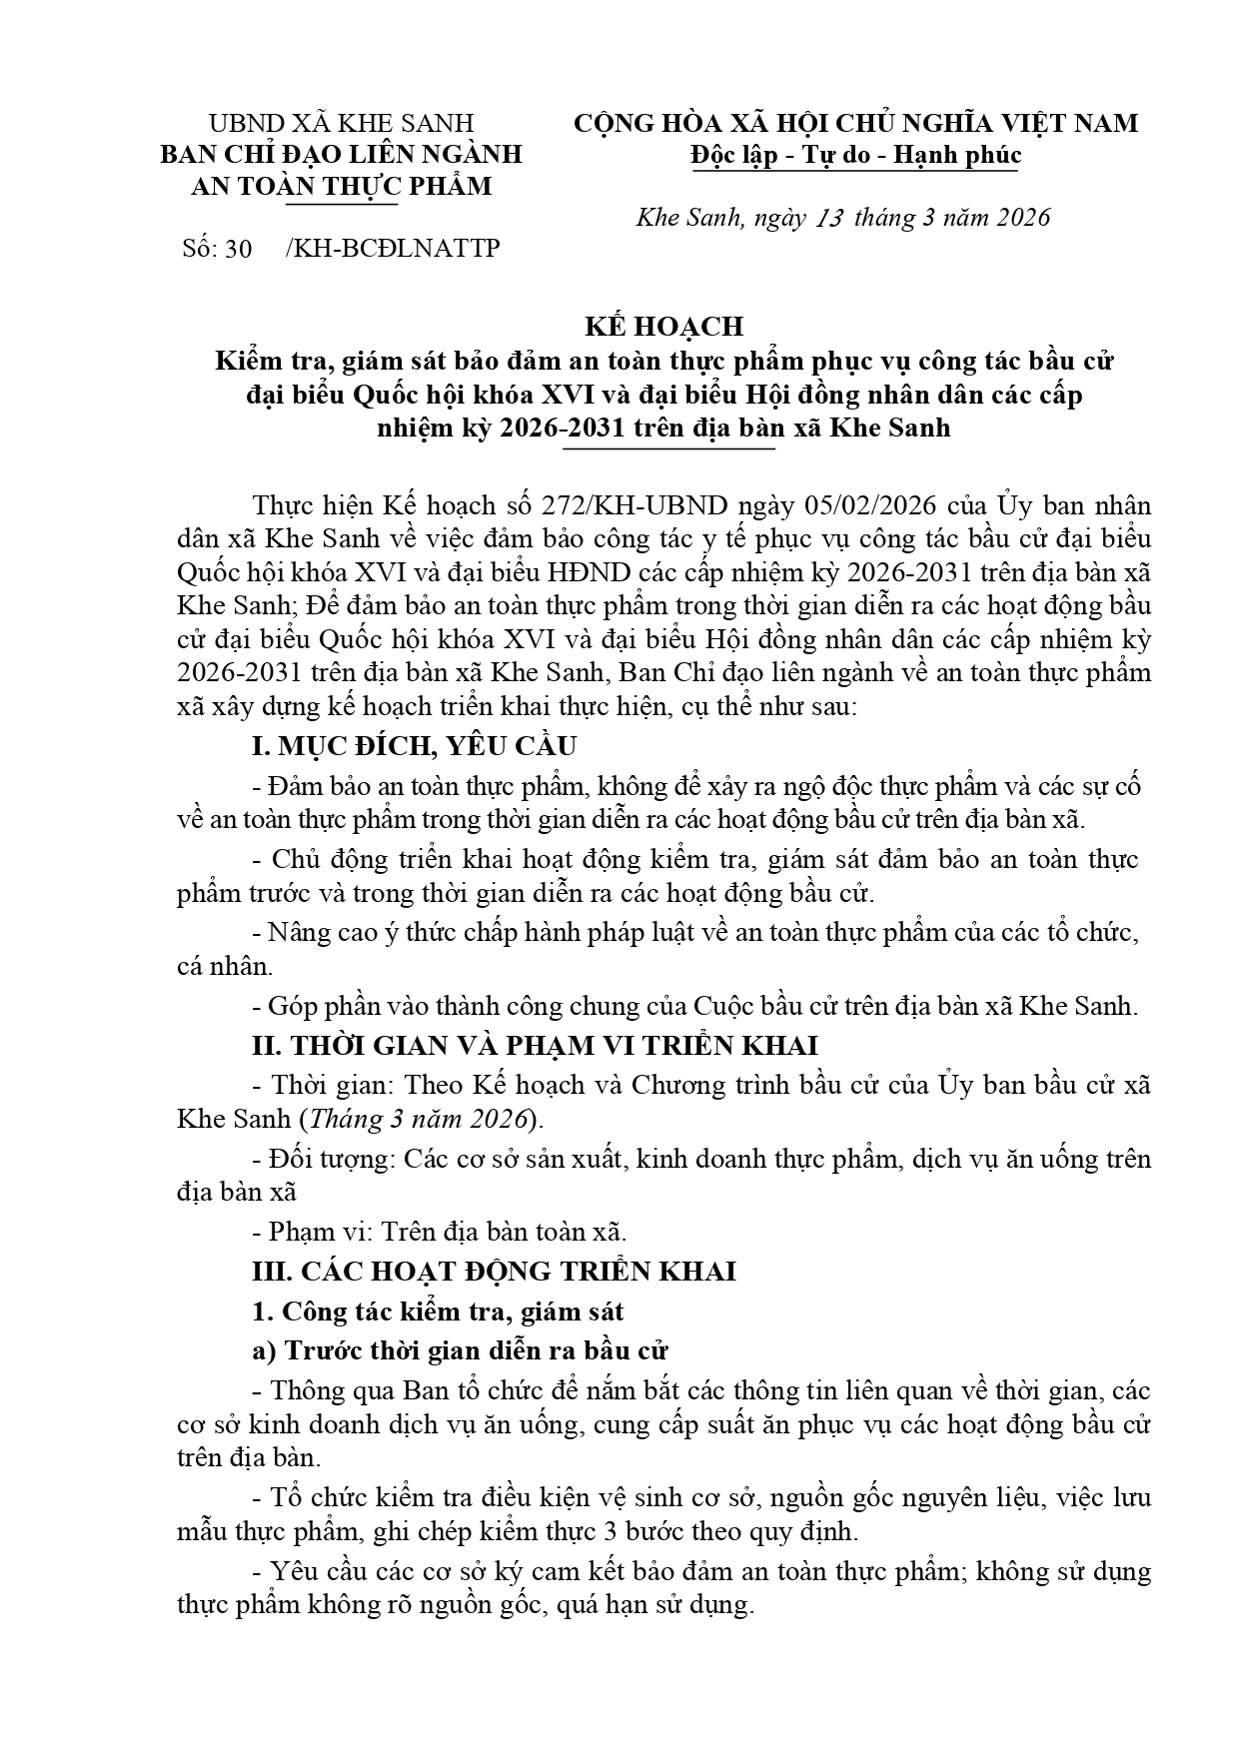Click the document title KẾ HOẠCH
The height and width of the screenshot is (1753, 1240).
[663, 327]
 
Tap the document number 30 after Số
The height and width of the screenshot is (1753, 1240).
[238, 249]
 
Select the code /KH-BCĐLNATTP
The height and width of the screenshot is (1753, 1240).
[392, 249]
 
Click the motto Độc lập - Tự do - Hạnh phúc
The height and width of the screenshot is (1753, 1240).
[855, 155]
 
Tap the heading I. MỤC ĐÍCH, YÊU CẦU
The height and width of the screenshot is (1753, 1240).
[414, 746]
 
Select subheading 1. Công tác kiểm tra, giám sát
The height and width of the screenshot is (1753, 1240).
[438, 1311]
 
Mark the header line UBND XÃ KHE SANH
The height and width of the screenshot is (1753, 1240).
[341, 123]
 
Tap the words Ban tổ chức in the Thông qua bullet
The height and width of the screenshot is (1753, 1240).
[469, 1390]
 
